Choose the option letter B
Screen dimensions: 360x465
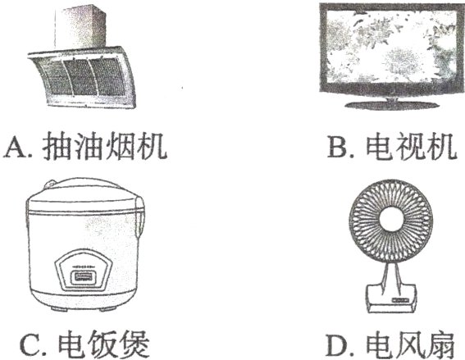pos(338,148)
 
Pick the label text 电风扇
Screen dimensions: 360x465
pos(413,340)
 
